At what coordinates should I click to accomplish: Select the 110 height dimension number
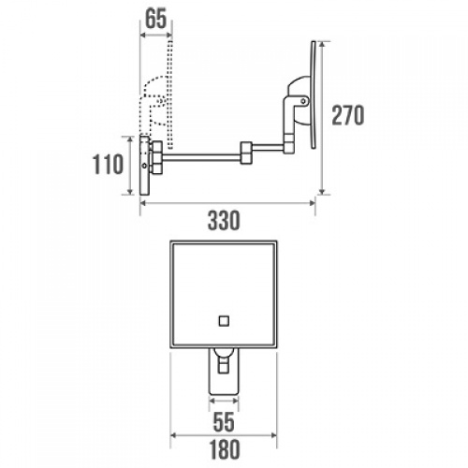[110, 166]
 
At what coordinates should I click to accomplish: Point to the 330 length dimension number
[224, 221]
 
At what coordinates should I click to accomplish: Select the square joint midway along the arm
[247, 149]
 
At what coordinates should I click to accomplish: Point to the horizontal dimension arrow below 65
[155, 36]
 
